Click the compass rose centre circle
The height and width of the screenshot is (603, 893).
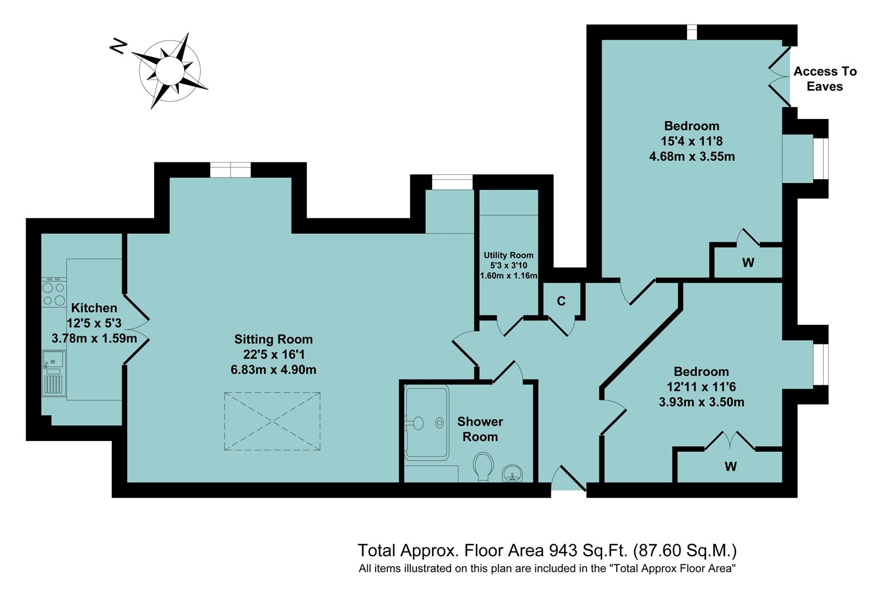(x=170, y=70)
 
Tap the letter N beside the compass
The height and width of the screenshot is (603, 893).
(x=118, y=47)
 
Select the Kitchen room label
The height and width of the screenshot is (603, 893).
(x=94, y=308)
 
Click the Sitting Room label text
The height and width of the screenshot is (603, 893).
(x=273, y=339)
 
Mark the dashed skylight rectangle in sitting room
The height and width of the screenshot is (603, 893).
(x=272, y=421)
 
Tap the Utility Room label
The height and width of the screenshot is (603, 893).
(x=508, y=255)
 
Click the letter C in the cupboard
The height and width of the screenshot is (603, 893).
(x=561, y=301)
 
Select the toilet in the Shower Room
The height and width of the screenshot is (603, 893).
(x=483, y=466)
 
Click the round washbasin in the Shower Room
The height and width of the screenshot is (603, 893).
(x=512, y=474)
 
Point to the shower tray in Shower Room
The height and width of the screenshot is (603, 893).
(x=426, y=422)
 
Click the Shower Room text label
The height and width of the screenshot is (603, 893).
(x=480, y=429)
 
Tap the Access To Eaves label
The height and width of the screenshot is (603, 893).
(x=824, y=79)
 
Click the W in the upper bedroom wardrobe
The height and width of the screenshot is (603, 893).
(x=748, y=262)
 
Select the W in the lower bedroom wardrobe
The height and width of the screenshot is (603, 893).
(x=731, y=466)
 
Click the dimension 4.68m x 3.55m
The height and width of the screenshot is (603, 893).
(x=692, y=156)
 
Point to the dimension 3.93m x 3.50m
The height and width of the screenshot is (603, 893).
(x=701, y=401)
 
